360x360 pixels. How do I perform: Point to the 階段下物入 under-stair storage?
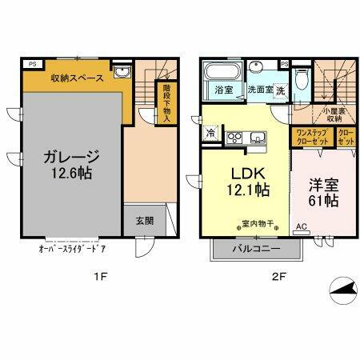point(166,96)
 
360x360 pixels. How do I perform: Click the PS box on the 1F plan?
point(31,63)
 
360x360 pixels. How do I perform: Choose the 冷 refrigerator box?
point(210,132)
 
